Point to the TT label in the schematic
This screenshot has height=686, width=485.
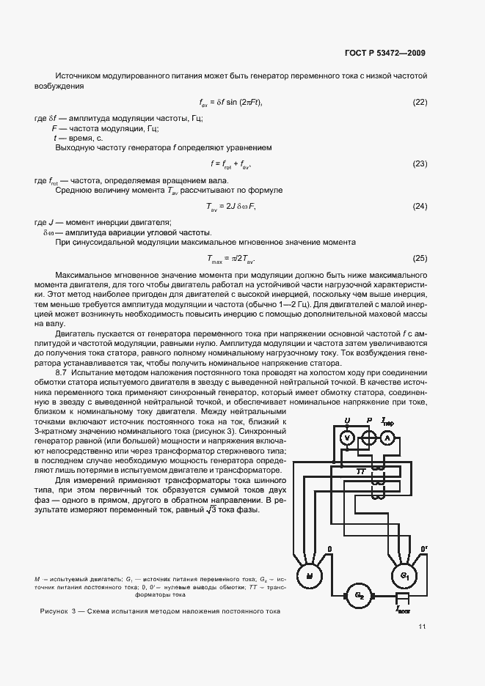(360, 471)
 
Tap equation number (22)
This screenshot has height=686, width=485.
(420, 101)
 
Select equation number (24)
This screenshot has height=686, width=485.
(420, 206)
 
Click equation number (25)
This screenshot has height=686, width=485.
(420, 258)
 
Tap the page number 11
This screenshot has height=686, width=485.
(423, 627)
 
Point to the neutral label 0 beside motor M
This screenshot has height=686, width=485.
(329, 547)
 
